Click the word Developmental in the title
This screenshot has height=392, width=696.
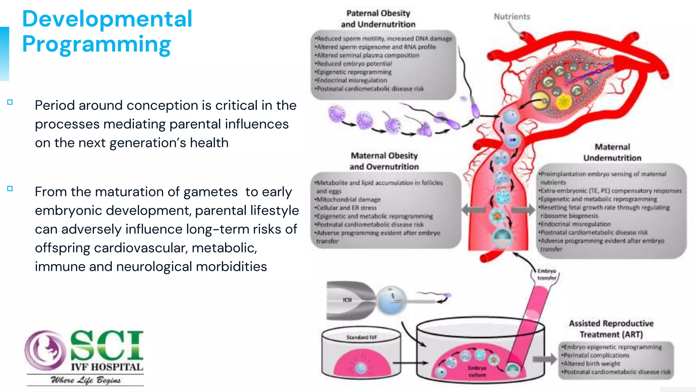[x=107, y=19]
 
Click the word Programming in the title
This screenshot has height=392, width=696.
[x=97, y=44]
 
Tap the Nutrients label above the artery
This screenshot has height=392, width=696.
[x=512, y=17]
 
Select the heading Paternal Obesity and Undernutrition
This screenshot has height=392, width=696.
[x=378, y=19]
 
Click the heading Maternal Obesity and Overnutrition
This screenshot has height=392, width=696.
[x=384, y=161]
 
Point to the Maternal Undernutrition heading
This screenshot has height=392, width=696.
[x=612, y=152]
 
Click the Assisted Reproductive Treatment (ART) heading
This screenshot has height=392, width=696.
[x=611, y=329]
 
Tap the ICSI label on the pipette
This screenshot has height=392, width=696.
[x=347, y=300]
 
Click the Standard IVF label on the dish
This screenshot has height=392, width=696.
[x=361, y=337]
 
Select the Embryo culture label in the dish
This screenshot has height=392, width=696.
[x=477, y=371]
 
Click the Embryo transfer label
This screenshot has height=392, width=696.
[x=546, y=274]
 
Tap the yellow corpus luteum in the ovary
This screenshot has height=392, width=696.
[x=564, y=101]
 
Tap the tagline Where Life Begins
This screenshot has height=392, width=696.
[x=86, y=380]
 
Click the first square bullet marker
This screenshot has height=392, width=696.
[x=10, y=102]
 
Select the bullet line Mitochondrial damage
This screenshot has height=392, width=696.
[x=348, y=199]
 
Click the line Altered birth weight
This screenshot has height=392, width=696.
[x=592, y=363]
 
